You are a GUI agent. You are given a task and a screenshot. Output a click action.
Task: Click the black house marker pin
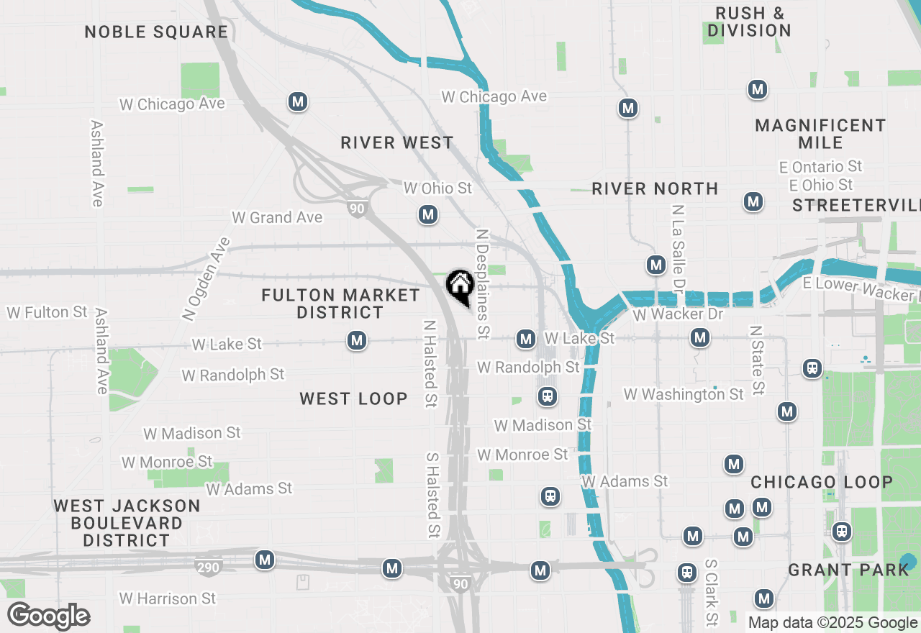click(459, 286)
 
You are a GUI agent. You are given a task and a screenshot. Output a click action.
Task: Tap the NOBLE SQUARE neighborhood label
click(156, 32)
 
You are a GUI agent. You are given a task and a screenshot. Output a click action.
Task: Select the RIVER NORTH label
click(655, 188)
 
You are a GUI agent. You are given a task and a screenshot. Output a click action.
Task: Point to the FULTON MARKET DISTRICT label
click(340, 304)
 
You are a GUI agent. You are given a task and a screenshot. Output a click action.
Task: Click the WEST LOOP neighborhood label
click(353, 399)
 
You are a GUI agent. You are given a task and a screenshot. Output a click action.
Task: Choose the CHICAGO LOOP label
click(822, 482)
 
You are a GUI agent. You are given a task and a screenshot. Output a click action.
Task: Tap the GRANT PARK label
click(849, 570)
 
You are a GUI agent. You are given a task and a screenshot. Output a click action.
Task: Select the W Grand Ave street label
click(277, 217)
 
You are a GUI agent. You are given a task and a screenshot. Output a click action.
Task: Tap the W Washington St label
click(684, 394)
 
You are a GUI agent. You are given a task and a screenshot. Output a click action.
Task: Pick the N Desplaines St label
click(483, 284)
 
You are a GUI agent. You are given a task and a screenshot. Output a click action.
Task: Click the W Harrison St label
click(168, 598)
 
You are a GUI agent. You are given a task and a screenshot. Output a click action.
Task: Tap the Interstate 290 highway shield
click(209, 567)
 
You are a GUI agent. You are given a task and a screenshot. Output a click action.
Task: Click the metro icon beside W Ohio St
click(428, 214)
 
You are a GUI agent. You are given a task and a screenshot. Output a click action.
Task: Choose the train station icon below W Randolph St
click(548, 396)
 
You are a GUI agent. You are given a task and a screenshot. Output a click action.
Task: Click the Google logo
click(49, 616)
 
